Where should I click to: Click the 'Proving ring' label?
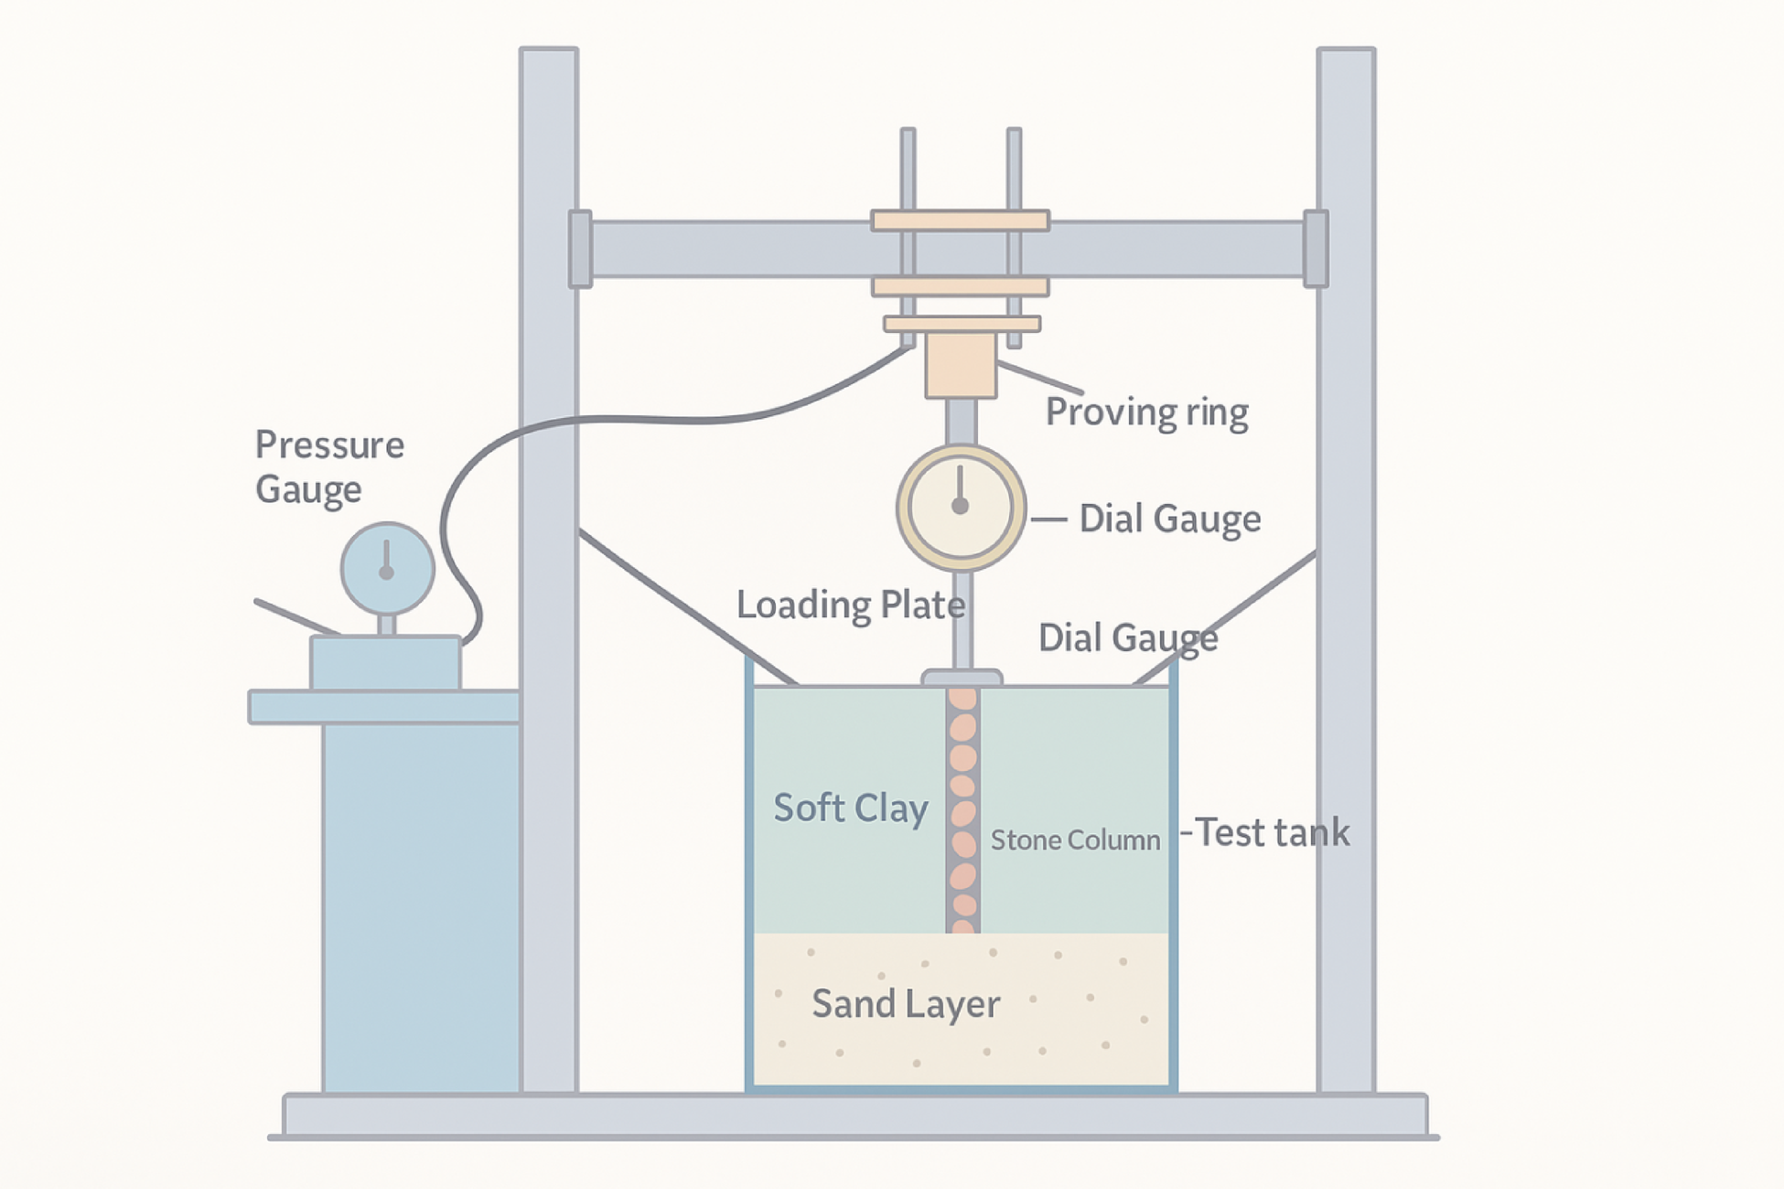(1146, 412)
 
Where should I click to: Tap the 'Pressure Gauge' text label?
(329, 466)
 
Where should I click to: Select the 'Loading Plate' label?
(850, 605)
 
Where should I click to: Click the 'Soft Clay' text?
(851, 809)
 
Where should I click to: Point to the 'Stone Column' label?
(1075, 841)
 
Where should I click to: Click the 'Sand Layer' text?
(906, 1004)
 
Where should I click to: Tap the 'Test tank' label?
(1272, 833)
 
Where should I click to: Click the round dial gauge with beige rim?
(961, 508)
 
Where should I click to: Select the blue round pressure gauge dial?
(387, 569)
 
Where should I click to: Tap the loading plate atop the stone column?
(962, 678)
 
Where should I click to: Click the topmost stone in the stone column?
(962, 701)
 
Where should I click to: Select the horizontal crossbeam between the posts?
(732, 249)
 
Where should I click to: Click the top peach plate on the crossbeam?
(960, 220)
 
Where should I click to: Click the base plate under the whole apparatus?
(855, 1116)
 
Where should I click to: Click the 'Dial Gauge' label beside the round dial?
(1169, 519)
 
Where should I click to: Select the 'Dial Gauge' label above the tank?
(1127, 638)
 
